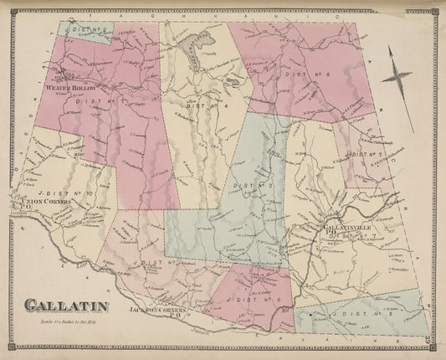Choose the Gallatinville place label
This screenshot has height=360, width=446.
pyautogui.click(x=342, y=226)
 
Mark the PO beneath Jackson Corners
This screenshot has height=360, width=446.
pyautogui.click(x=176, y=316)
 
